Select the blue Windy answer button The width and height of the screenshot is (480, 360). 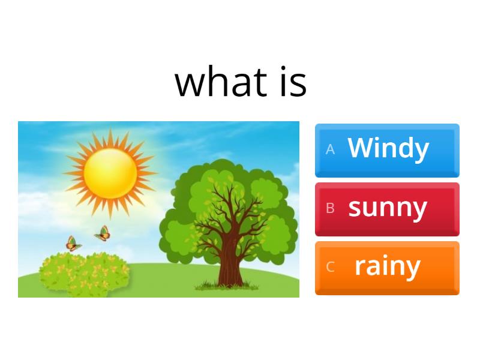[x=387, y=150]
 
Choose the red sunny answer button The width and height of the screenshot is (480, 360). [x=387, y=209]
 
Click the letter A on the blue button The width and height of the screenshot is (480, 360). [x=330, y=150]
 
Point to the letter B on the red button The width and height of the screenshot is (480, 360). [x=330, y=209]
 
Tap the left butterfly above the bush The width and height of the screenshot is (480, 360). [x=73, y=243]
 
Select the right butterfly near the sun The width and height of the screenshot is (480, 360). [x=103, y=233]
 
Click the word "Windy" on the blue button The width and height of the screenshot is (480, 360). [x=388, y=148]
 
